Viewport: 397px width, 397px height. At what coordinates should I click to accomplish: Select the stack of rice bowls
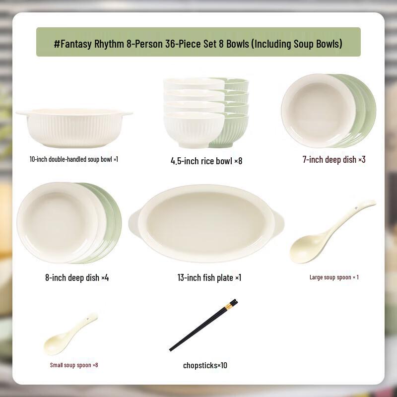[x=205, y=113]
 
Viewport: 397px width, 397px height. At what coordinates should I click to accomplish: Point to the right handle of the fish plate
[x=278, y=222]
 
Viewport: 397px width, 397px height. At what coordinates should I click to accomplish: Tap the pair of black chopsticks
[x=203, y=325]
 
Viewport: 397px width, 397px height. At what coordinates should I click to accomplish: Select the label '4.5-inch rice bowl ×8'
[x=206, y=161]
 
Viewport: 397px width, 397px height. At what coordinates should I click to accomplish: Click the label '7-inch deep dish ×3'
[x=334, y=160]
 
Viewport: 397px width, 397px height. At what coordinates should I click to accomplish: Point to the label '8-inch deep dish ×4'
[x=77, y=278]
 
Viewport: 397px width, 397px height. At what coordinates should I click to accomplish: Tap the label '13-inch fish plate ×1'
[x=209, y=278]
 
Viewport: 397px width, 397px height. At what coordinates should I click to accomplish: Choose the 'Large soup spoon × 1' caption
[x=334, y=277]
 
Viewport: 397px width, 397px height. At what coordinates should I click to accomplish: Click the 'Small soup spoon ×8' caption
[x=74, y=365]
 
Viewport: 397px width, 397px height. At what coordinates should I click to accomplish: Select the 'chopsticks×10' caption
[x=205, y=366]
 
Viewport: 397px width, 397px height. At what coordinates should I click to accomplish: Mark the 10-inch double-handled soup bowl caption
[x=74, y=160]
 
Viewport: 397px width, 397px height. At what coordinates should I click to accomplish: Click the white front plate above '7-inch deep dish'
[x=318, y=110]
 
